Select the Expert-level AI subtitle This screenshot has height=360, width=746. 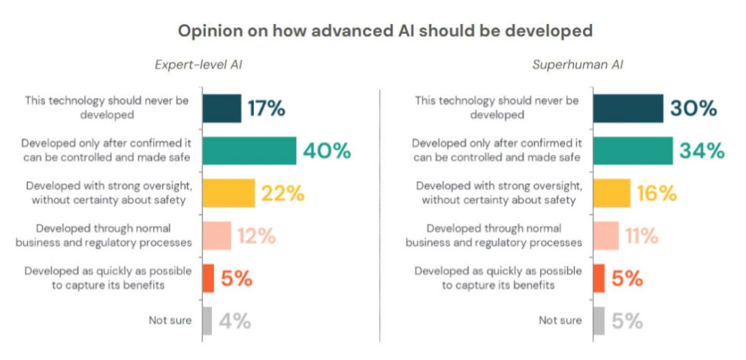[x=198, y=65]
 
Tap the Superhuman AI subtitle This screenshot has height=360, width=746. [x=578, y=65]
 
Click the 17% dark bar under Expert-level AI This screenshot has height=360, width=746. [x=222, y=108]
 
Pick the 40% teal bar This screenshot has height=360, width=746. [x=249, y=150]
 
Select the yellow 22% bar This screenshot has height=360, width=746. [x=228, y=193]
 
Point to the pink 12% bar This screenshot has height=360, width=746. [x=216, y=235]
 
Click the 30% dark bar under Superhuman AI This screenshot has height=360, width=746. [x=628, y=108]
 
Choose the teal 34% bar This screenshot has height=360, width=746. [x=633, y=150]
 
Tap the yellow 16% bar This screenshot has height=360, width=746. [x=612, y=193]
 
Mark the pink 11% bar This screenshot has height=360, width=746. [x=606, y=235]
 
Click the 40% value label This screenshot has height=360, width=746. [x=327, y=151]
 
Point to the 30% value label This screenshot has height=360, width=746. [x=694, y=108]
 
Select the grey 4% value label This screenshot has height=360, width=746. [x=235, y=322]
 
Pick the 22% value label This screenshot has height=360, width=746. [x=282, y=194]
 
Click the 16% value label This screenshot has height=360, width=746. [x=657, y=194]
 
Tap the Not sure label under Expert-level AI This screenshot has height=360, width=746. [x=170, y=320]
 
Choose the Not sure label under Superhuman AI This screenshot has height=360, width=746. [x=560, y=320]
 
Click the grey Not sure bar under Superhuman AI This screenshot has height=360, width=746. [x=599, y=320]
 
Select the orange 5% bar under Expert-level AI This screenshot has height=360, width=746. [x=208, y=278]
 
